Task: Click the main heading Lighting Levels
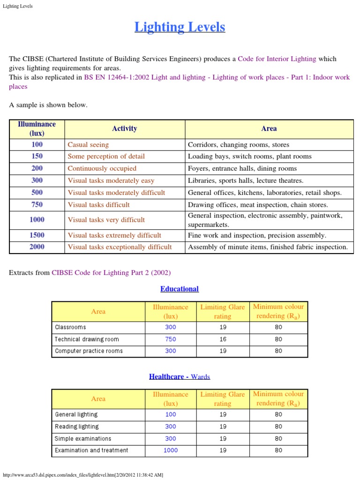click(180, 27)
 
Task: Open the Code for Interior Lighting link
click(277, 59)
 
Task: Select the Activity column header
click(124, 128)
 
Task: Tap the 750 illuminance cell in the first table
click(37, 204)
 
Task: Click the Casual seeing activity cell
click(88, 145)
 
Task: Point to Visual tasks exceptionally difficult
click(120, 247)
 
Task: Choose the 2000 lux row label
click(37, 247)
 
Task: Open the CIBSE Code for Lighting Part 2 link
click(111, 272)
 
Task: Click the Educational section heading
click(180, 289)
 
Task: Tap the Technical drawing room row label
click(87, 339)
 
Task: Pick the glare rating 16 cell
click(223, 339)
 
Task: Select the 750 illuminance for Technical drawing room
click(171, 339)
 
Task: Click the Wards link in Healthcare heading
click(201, 376)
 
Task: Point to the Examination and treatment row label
click(91, 450)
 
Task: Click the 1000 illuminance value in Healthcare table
click(171, 450)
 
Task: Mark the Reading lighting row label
click(77, 427)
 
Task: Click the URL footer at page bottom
click(83, 475)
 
